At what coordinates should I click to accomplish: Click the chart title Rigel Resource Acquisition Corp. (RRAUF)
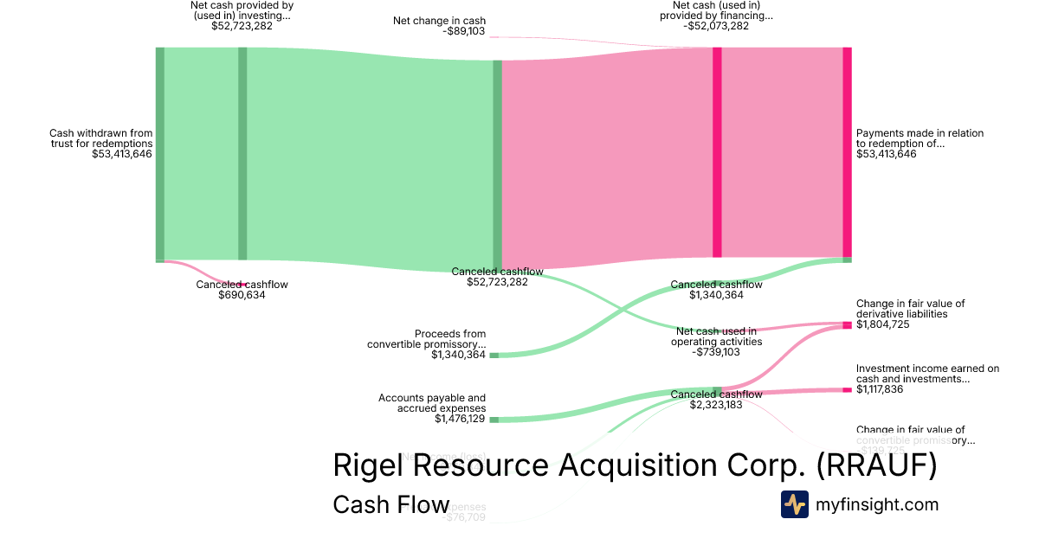click(635, 465)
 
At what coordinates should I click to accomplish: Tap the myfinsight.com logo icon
click(794, 504)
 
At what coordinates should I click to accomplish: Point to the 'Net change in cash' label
click(439, 21)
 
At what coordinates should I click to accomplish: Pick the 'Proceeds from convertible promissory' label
click(426, 339)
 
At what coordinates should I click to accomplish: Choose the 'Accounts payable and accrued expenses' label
click(432, 403)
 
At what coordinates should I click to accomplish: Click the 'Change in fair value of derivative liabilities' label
click(910, 309)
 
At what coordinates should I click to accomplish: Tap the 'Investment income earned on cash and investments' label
click(927, 374)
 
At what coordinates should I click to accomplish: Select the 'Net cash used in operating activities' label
click(716, 336)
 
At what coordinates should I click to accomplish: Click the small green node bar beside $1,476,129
click(494, 420)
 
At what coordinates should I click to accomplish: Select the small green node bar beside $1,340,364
click(494, 355)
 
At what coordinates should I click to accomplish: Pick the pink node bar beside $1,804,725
click(848, 324)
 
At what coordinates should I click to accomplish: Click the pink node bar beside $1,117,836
click(848, 390)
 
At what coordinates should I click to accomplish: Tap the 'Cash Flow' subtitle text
click(390, 505)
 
